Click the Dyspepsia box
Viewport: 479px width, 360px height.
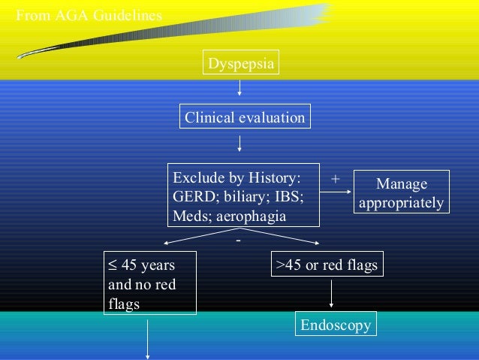239,63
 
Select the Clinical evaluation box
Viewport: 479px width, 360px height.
245,117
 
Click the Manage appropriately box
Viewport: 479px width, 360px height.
401,193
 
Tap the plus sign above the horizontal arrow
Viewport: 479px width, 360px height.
335,179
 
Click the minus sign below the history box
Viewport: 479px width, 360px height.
238,241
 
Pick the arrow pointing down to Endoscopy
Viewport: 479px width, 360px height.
330,294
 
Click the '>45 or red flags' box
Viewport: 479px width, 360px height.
327,265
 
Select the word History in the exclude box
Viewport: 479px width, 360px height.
273,178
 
